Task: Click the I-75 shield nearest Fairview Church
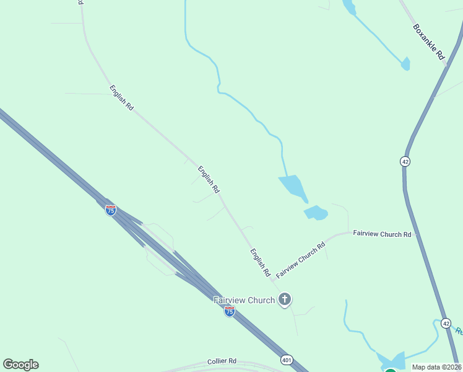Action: pyautogui.click(x=229, y=311)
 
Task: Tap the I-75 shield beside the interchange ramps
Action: pyautogui.click(x=110, y=210)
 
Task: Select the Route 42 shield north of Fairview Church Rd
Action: pyautogui.click(x=405, y=161)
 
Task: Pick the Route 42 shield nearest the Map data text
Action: pyautogui.click(x=446, y=323)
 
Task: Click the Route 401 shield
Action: pyautogui.click(x=285, y=359)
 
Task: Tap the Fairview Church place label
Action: pyautogui.click(x=244, y=300)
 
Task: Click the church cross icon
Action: pyautogui.click(x=285, y=300)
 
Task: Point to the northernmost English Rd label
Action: pyautogui.click(x=121, y=98)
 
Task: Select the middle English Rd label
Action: pyautogui.click(x=209, y=179)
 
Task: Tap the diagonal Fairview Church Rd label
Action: pyautogui.click(x=301, y=260)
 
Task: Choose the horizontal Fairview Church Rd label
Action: pyautogui.click(x=382, y=234)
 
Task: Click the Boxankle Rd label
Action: pyautogui.click(x=429, y=42)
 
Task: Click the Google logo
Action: pyautogui.click(x=20, y=365)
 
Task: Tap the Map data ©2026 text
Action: pyautogui.click(x=437, y=367)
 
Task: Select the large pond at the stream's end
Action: pyautogui.click(x=293, y=187)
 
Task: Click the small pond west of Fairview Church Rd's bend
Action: pyautogui.click(x=316, y=213)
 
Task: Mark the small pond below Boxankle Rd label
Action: pyautogui.click(x=405, y=64)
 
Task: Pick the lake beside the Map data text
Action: pyautogui.click(x=391, y=361)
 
